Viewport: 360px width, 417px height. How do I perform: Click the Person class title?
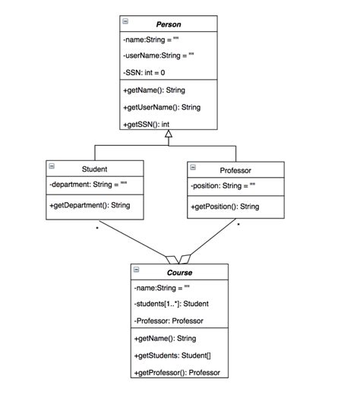coord(169,24)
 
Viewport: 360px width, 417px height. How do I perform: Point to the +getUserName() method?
coord(161,107)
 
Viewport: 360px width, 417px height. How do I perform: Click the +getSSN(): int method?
coord(146,124)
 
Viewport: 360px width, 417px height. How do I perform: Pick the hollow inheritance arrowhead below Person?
coord(169,134)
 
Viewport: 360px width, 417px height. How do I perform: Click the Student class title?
coord(94,169)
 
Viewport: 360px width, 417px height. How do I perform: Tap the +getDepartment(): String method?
coord(90,205)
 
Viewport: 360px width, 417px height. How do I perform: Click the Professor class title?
coord(235,170)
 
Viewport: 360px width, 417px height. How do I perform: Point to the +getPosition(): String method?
coord(225,207)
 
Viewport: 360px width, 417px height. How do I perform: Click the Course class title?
coord(179,272)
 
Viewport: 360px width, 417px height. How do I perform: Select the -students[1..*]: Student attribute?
coord(171,304)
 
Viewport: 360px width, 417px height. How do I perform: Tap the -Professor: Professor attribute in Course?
coord(168,321)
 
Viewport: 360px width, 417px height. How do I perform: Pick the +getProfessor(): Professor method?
coord(176,372)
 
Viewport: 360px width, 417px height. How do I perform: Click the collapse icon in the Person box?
coord(125,23)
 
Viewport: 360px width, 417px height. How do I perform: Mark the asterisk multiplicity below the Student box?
coord(96,228)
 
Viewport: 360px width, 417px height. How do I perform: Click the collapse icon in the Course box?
coord(137,270)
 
